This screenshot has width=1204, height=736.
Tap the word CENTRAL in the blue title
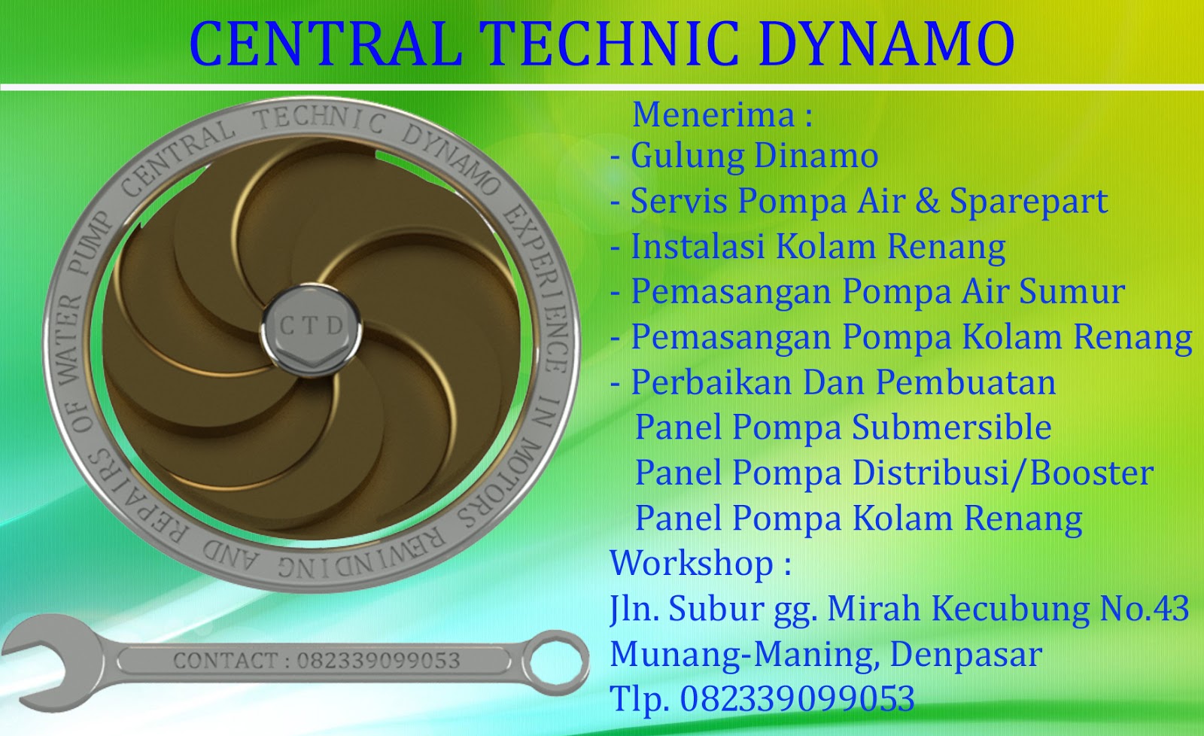click(325, 44)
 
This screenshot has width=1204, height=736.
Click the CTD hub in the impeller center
click(312, 327)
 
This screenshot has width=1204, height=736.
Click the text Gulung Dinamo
click(754, 156)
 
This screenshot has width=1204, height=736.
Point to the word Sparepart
click(1028, 201)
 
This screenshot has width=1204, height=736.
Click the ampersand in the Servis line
click(927, 201)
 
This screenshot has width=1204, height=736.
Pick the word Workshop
click(691, 563)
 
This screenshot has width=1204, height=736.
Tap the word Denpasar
click(965, 654)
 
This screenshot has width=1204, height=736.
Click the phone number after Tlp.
click(797, 698)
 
